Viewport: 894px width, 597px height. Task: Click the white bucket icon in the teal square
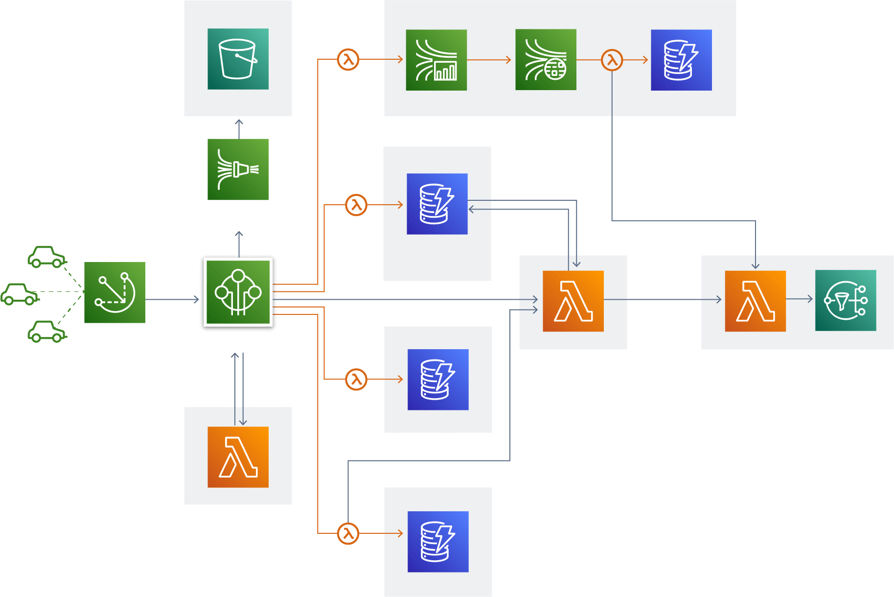238,59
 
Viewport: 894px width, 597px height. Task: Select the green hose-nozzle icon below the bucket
238,169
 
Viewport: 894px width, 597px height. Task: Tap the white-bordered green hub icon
238,292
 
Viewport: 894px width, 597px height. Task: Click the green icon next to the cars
115,292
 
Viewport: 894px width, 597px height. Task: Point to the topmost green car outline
46,257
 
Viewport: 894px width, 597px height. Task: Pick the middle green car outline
20,294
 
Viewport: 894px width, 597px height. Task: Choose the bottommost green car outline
46,332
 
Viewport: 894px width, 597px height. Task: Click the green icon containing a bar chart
436,60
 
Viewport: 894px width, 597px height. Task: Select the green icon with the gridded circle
546,60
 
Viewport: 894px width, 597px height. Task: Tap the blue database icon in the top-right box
681,60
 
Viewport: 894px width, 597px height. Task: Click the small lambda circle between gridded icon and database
612,60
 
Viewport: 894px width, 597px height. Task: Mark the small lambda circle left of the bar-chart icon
348,60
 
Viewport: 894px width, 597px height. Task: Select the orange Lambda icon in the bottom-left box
238,457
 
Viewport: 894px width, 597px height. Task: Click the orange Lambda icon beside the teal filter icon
755,301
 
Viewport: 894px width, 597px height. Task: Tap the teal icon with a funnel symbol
846,300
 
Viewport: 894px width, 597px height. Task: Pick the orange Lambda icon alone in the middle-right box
573,301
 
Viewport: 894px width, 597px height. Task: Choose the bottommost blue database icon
438,542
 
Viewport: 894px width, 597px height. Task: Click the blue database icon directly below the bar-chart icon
437,204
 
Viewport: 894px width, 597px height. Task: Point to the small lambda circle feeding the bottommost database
348,533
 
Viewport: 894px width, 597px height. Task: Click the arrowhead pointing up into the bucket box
239,121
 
